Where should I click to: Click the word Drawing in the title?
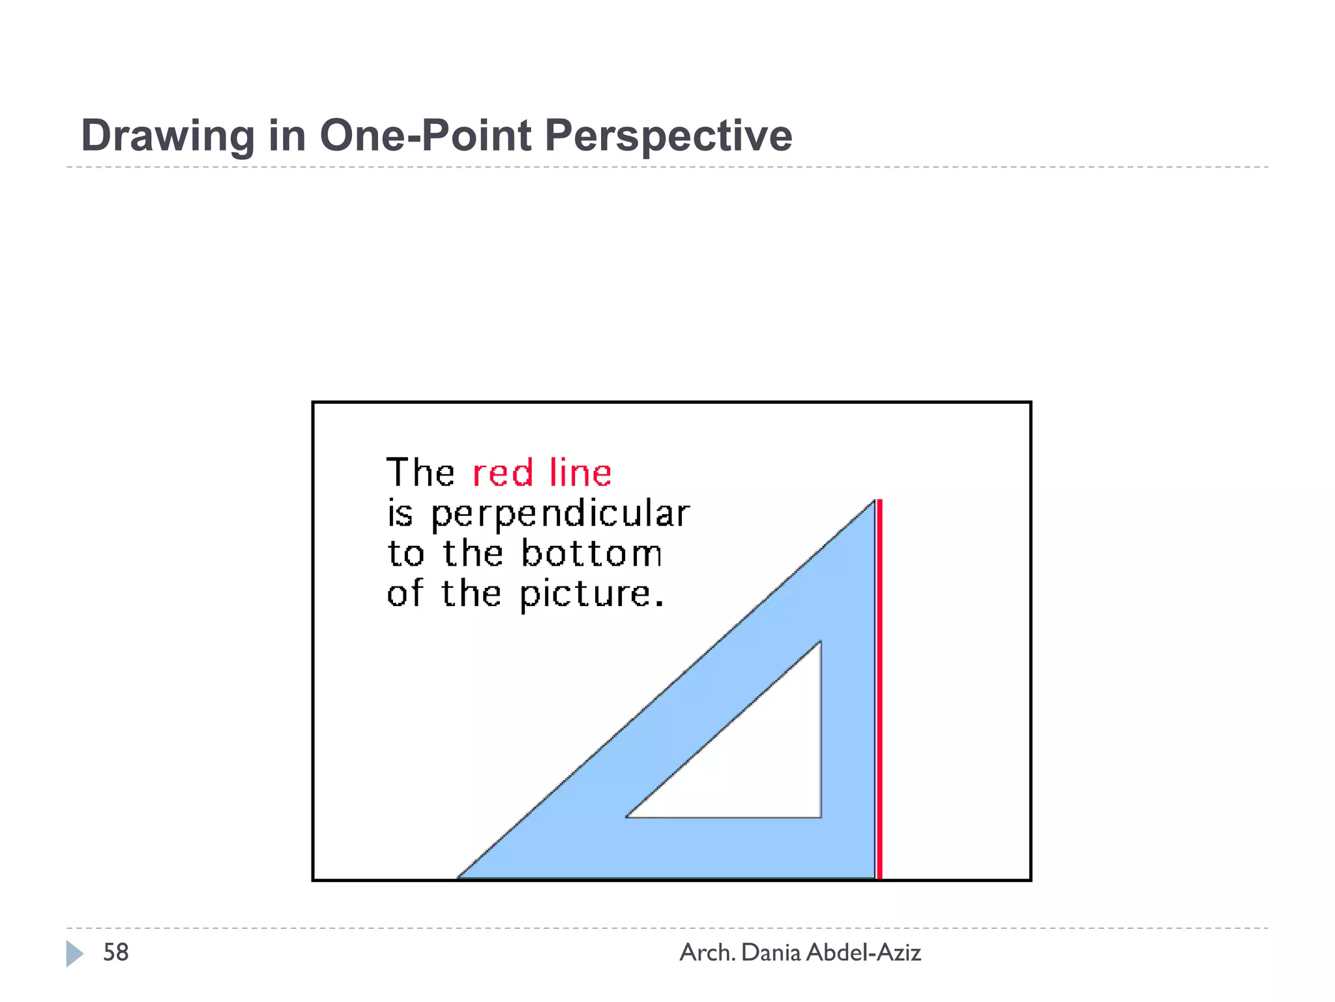point(167,136)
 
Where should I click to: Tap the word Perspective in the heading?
point(667,136)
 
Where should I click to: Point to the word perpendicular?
point(559,514)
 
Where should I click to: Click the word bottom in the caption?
point(591,554)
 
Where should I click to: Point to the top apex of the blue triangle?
point(873,502)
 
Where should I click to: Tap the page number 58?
point(116,952)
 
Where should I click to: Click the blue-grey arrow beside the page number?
point(74,953)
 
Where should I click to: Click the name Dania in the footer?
point(770,952)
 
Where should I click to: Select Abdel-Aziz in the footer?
point(863,952)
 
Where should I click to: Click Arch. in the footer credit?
point(707,952)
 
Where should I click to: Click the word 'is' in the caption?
point(400,514)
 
